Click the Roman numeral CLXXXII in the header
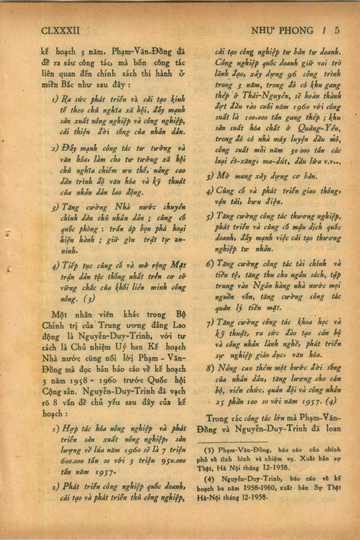click(61, 30)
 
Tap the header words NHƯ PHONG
click(282, 30)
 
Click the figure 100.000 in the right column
click(257, 118)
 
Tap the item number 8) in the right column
click(211, 368)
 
